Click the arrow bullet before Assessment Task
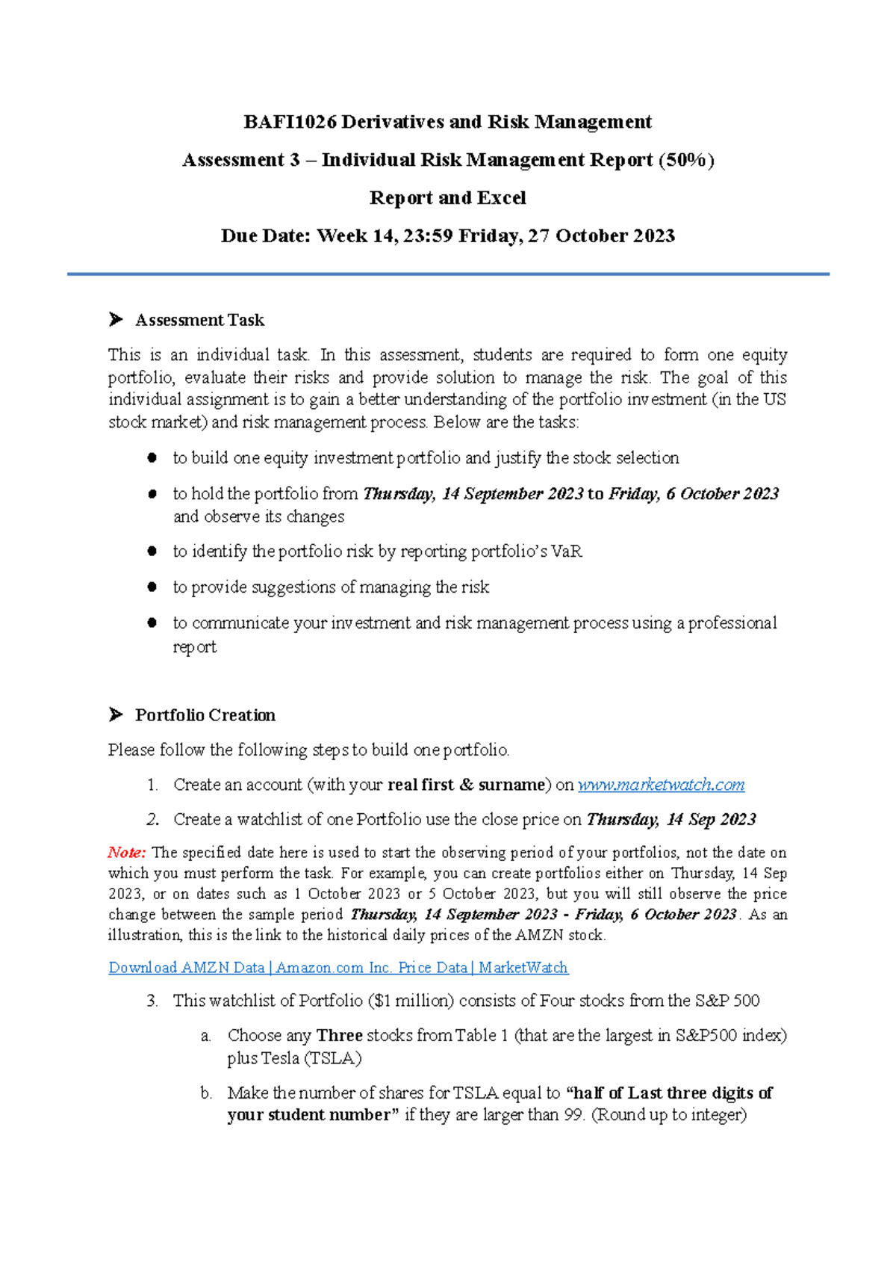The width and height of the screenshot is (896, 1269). [x=116, y=320]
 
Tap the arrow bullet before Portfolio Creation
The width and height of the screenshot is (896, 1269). [x=116, y=715]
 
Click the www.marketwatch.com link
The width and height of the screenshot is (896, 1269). [x=661, y=785]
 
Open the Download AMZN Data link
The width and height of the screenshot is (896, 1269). [x=337, y=968]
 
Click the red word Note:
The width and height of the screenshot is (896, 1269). [x=126, y=853]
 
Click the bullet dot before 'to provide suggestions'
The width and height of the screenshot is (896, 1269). [x=152, y=587]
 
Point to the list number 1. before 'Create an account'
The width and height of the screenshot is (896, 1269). [x=152, y=785]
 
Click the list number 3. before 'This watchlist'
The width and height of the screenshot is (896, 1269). [x=152, y=1001]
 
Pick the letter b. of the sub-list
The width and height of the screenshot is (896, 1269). [x=207, y=1093]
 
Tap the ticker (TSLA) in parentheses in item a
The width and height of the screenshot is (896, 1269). [x=332, y=1058]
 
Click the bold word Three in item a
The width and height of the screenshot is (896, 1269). [x=339, y=1036]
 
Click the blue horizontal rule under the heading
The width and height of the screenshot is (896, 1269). [x=448, y=274]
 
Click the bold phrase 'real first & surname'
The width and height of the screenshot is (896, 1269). [x=466, y=785]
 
